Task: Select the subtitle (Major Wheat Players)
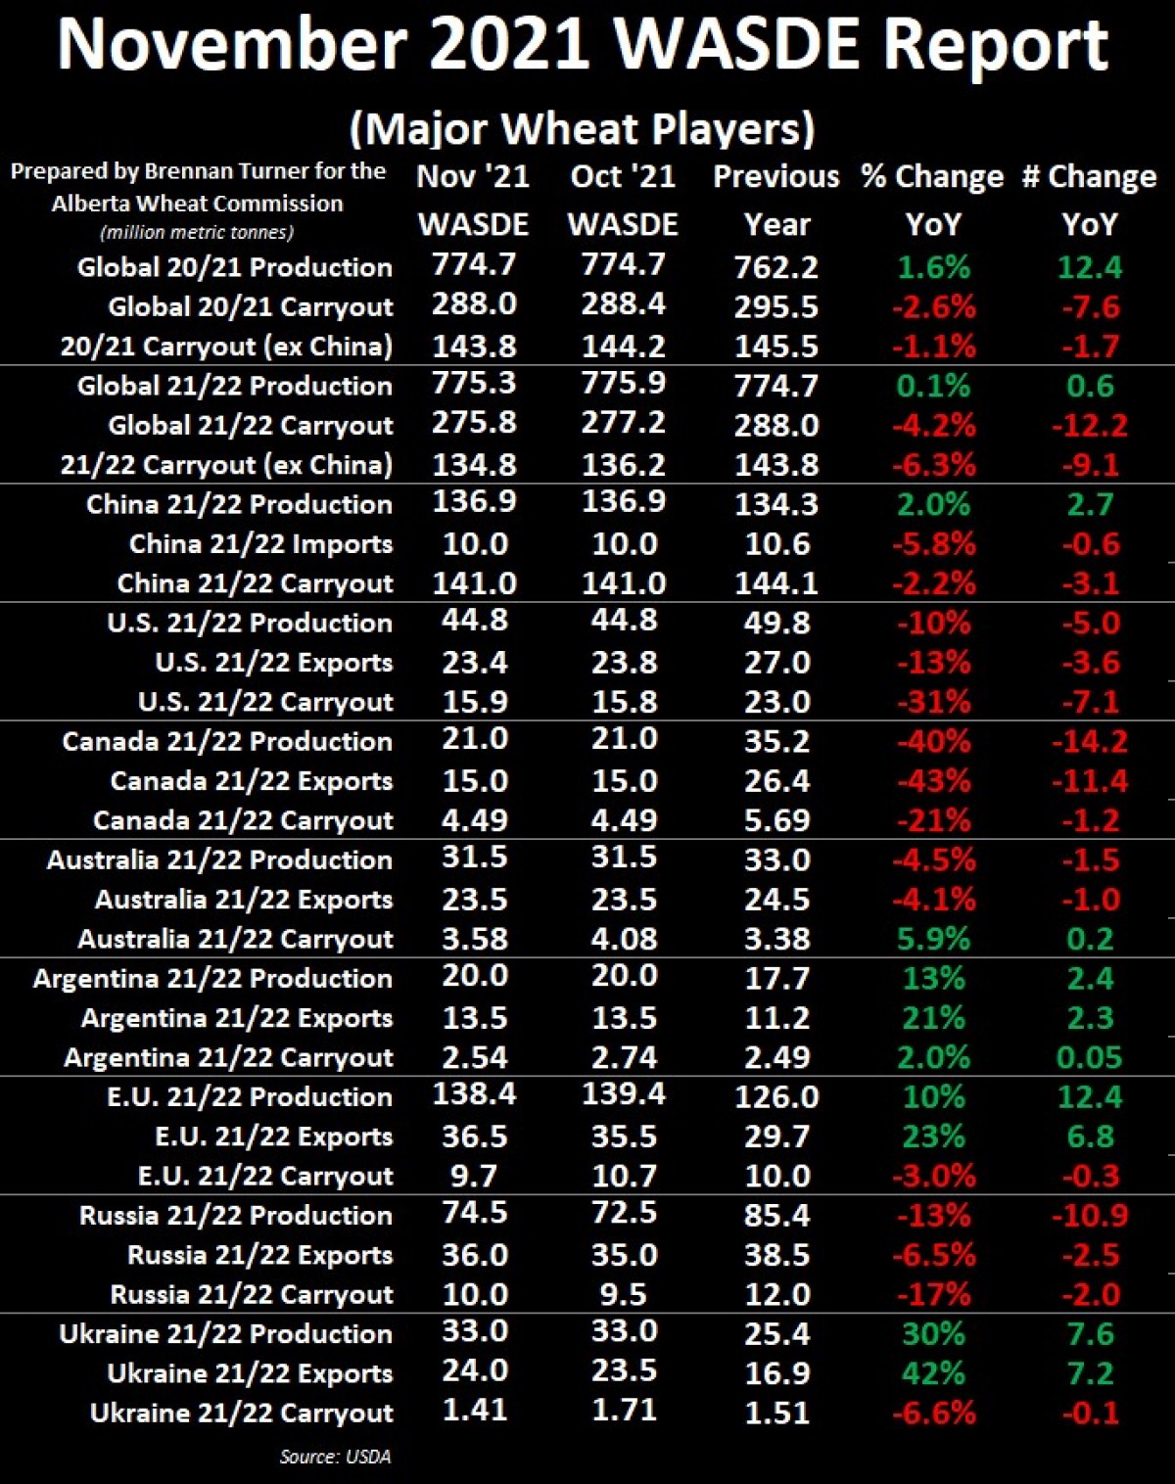pos(582,128)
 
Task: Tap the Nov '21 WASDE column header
pos(474,200)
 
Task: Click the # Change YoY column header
pos(1089,200)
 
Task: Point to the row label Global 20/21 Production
pos(235,267)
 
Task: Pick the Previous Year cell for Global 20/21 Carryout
pos(776,307)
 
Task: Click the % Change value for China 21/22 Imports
pos(933,544)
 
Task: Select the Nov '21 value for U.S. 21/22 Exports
pos(475,663)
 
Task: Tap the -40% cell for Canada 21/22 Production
pos(933,742)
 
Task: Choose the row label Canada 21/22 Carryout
pos(243,820)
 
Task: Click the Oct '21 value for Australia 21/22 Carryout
pos(624,939)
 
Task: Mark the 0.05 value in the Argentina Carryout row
pos(1089,1057)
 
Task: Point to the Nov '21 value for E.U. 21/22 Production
pos(475,1094)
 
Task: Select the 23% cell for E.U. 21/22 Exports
pos(933,1136)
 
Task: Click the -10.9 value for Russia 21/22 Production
pos(1089,1216)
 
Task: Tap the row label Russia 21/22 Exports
pos(259,1255)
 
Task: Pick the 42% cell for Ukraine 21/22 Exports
pos(933,1373)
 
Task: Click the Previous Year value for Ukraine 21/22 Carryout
pos(776,1413)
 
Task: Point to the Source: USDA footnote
pos(335,1457)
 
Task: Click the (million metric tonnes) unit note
pos(197,233)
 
